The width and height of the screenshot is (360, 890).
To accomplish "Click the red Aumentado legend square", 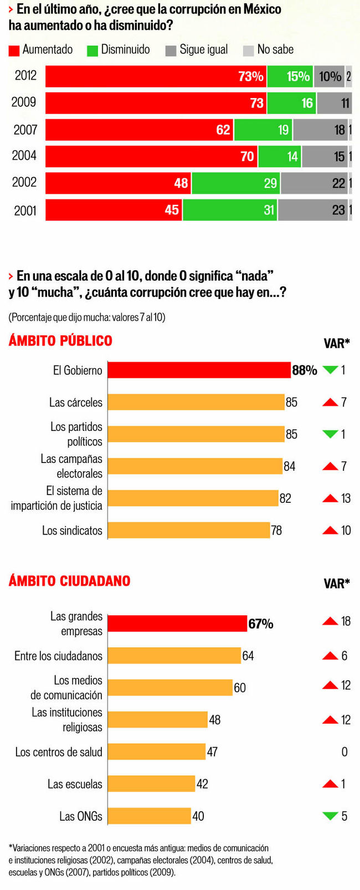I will tap(14, 50).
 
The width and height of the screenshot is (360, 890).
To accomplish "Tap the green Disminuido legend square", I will tap(92, 50).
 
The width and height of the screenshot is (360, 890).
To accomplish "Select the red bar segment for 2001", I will tap(114, 210).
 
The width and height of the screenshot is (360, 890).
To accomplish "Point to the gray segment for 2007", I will tap(320, 130).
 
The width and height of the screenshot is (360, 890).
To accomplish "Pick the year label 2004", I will tap(24, 156).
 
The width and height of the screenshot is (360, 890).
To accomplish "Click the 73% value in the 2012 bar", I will tap(250, 76).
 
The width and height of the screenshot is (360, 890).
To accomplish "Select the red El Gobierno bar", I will tap(199, 370).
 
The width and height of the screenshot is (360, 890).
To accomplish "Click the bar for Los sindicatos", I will tap(188, 530).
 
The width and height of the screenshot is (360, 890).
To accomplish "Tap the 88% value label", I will tap(304, 370).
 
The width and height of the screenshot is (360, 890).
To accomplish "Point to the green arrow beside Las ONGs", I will tap(330, 815).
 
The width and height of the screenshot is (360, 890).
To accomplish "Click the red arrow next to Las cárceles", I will tap(330, 402).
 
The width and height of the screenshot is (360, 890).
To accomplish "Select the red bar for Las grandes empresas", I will tap(177, 624).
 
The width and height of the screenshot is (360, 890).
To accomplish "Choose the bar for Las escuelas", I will tap(151, 784).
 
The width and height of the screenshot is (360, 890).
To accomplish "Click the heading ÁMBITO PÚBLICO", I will tap(60, 341).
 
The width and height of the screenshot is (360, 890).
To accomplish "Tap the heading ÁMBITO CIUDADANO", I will tap(69, 580).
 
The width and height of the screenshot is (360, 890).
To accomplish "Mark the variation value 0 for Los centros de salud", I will tap(344, 752).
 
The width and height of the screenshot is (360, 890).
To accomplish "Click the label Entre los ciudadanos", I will tap(58, 656).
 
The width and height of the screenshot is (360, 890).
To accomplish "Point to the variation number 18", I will tap(346, 621).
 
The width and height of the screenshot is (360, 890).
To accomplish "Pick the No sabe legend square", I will tap(249, 50).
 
